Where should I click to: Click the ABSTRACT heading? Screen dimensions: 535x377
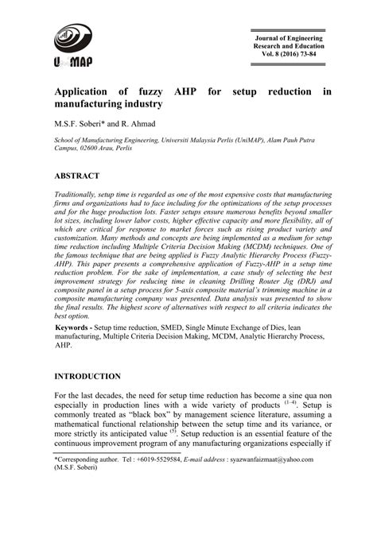click(77, 176)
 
